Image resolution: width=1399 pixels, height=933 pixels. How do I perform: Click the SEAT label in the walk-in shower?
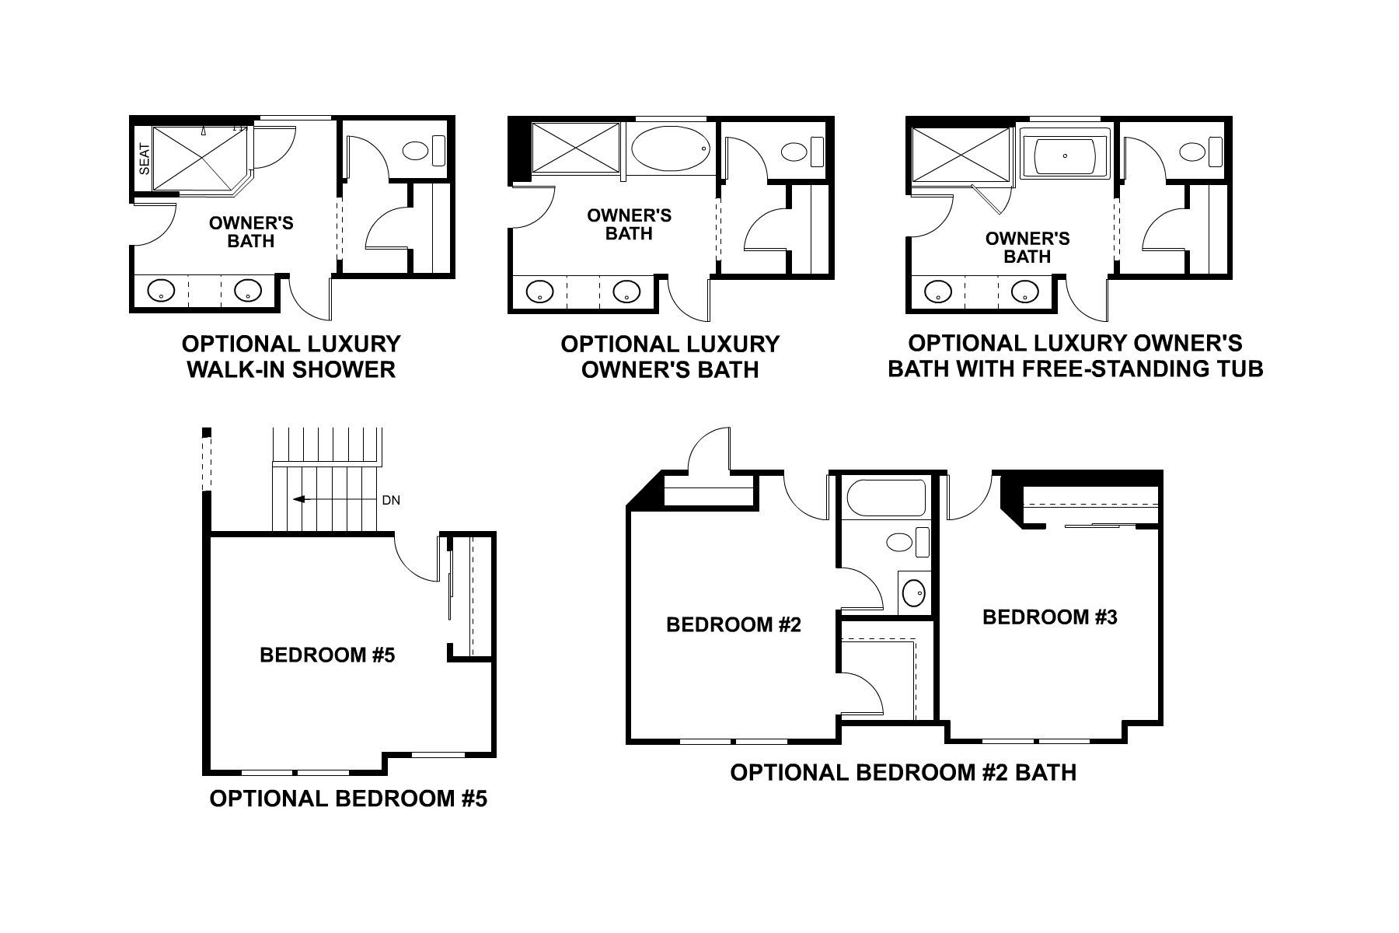pyautogui.click(x=144, y=159)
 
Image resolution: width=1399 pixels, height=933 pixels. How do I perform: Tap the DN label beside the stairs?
pyautogui.click(x=391, y=501)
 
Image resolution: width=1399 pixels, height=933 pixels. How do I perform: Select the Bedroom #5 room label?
pyautogui.click(x=327, y=655)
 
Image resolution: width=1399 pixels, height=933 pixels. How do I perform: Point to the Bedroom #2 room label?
pyautogui.click(x=733, y=624)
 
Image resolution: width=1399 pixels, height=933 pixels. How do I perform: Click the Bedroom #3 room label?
pyautogui.click(x=1050, y=617)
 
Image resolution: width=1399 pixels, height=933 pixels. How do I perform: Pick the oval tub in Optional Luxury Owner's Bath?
pyautogui.click(x=670, y=148)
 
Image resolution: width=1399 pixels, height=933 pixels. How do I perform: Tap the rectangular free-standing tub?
pyautogui.click(x=1064, y=155)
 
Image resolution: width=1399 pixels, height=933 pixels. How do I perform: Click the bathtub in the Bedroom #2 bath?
pyautogui.click(x=885, y=498)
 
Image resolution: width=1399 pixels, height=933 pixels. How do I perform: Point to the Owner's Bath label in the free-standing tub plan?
pyautogui.click(x=1027, y=247)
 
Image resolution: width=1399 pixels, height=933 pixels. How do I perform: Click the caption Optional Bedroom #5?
pyautogui.click(x=348, y=798)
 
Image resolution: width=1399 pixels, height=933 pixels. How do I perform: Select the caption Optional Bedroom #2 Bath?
pyautogui.click(x=903, y=772)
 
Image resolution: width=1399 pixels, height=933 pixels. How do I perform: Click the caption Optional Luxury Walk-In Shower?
pyautogui.click(x=291, y=356)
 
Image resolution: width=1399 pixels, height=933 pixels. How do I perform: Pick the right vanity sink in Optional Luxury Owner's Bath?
pyautogui.click(x=626, y=292)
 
